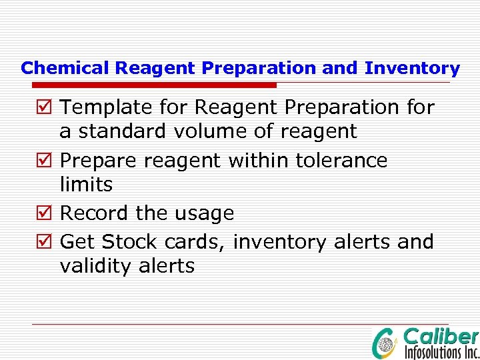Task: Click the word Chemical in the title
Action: [x=66, y=68]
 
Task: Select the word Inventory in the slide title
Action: [x=412, y=68]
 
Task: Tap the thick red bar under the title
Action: [x=154, y=85]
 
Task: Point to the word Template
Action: [x=107, y=107]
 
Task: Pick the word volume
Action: [x=207, y=132]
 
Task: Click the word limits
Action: [x=86, y=185]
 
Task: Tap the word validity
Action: [x=95, y=267]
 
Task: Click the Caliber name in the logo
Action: [x=441, y=337]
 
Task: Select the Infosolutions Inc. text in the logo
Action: [x=441, y=352]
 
